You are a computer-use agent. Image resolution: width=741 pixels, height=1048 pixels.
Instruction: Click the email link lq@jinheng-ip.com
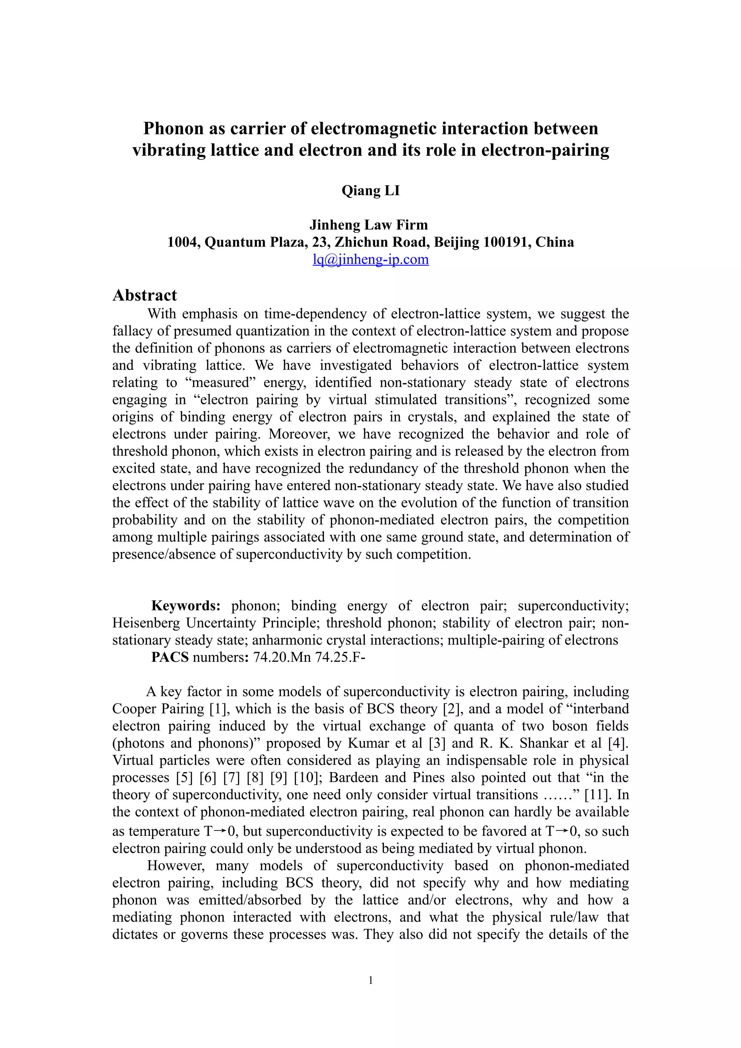coord(370,260)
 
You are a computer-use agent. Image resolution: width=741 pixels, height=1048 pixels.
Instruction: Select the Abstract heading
coord(144,295)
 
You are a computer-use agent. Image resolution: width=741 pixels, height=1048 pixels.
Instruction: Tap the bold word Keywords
coord(186,606)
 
